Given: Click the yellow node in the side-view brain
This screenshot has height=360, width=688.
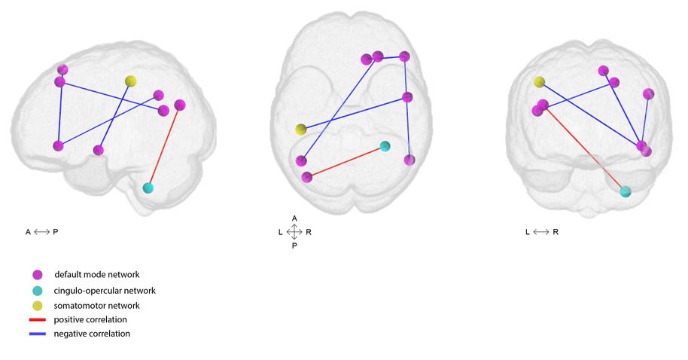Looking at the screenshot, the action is click(130, 81).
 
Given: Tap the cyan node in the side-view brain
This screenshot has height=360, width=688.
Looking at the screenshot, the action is click(148, 188).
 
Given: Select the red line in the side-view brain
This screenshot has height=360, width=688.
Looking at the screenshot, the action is click(164, 147).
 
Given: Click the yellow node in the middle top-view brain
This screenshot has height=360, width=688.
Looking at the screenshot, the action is click(300, 129).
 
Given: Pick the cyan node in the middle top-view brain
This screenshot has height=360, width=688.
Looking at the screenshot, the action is click(385, 146).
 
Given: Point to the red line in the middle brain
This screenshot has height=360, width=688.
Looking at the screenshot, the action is click(346, 162).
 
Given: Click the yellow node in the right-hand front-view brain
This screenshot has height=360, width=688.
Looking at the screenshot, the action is click(539, 82).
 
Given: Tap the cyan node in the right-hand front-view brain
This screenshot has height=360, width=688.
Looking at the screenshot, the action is click(626, 191).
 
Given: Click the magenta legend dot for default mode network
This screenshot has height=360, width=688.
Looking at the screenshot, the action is click(38, 275).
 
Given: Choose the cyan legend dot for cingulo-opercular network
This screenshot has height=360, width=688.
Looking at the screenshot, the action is click(38, 291).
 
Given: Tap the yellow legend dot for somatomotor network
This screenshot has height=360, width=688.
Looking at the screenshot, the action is click(38, 306).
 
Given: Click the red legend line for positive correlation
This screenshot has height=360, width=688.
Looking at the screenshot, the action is click(38, 319).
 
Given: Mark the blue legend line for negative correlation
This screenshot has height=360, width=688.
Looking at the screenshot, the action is click(38, 334).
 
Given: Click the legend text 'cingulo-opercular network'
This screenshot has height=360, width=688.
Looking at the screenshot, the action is click(105, 291).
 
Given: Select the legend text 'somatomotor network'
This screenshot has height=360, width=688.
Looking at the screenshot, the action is click(96, 306).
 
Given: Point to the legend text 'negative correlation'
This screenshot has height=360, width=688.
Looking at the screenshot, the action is click(92, 334).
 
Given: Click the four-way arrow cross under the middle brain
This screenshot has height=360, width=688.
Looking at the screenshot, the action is click(294, 232).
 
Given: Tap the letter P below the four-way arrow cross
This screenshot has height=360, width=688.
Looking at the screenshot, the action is click(294, 246).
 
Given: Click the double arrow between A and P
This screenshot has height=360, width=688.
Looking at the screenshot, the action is click(41, 232).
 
